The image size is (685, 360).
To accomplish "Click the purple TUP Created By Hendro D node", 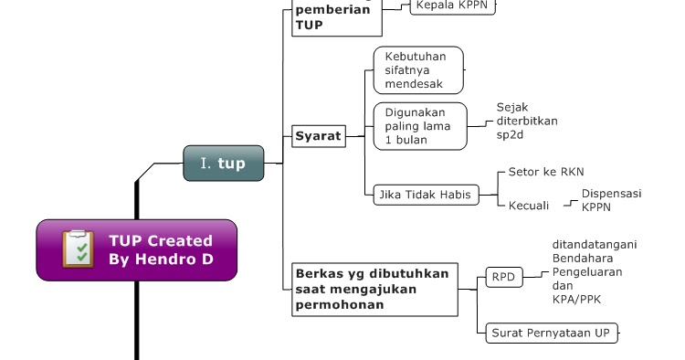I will pos(137,249).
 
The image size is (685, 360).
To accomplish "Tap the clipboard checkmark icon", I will pos(79,249).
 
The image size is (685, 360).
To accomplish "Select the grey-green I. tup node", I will pos(223,163).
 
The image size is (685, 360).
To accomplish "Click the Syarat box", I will pos(318,137).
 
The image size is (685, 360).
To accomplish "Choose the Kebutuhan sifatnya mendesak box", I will pos(418,69).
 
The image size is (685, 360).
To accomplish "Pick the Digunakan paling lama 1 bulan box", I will pos(419,126).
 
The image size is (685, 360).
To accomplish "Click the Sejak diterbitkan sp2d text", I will pos(527,121).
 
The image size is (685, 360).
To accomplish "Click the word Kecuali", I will pos(529,206).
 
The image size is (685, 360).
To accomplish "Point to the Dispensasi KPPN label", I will pos(612,200).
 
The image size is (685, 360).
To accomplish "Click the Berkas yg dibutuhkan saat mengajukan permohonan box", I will pos(373,289).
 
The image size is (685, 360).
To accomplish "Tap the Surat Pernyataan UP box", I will pos(550,333).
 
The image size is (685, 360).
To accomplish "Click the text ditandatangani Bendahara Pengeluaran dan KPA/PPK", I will pos(594,271).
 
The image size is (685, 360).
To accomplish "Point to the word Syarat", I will pos(318,137).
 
